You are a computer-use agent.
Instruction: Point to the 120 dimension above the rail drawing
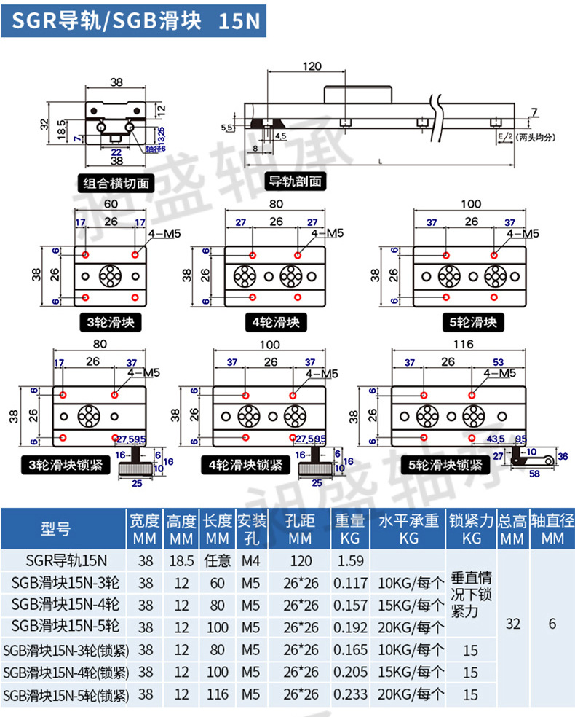tap(312, 66)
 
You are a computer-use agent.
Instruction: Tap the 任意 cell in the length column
tap(218, 561)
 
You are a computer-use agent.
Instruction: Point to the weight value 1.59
tap(350, 561)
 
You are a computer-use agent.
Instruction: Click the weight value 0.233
tap(350, 694)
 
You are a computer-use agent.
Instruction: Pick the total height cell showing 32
tap(513, 624)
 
